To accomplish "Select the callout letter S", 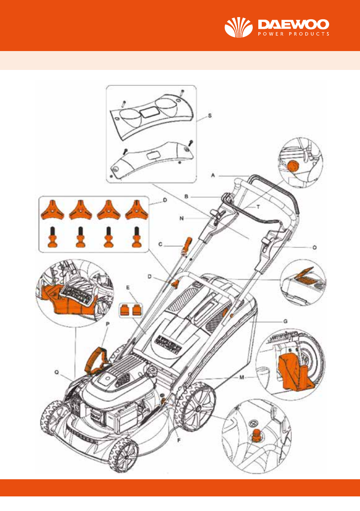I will coord(209,115).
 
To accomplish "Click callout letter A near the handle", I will coord(212,175).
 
